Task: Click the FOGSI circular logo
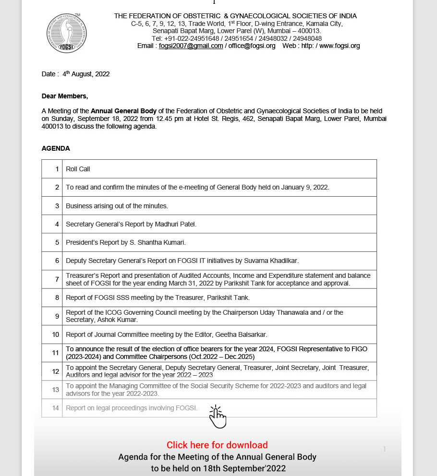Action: click(66, 33)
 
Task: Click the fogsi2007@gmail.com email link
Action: click(191, 46)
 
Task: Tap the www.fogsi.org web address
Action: click(339, 46)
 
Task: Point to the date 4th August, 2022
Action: click(86, 74)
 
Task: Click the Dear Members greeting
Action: click(65, 96)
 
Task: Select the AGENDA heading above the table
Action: click(56, 149)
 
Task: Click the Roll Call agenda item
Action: click(78, 169)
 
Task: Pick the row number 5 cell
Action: click(52, 243)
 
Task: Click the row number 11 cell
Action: click(52, 353)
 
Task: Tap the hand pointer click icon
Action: click(217, 416)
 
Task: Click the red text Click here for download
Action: click(217, 445)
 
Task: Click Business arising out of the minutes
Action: click(117, 206)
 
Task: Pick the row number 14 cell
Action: click(52, 408)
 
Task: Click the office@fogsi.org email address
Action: click(252, 46)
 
